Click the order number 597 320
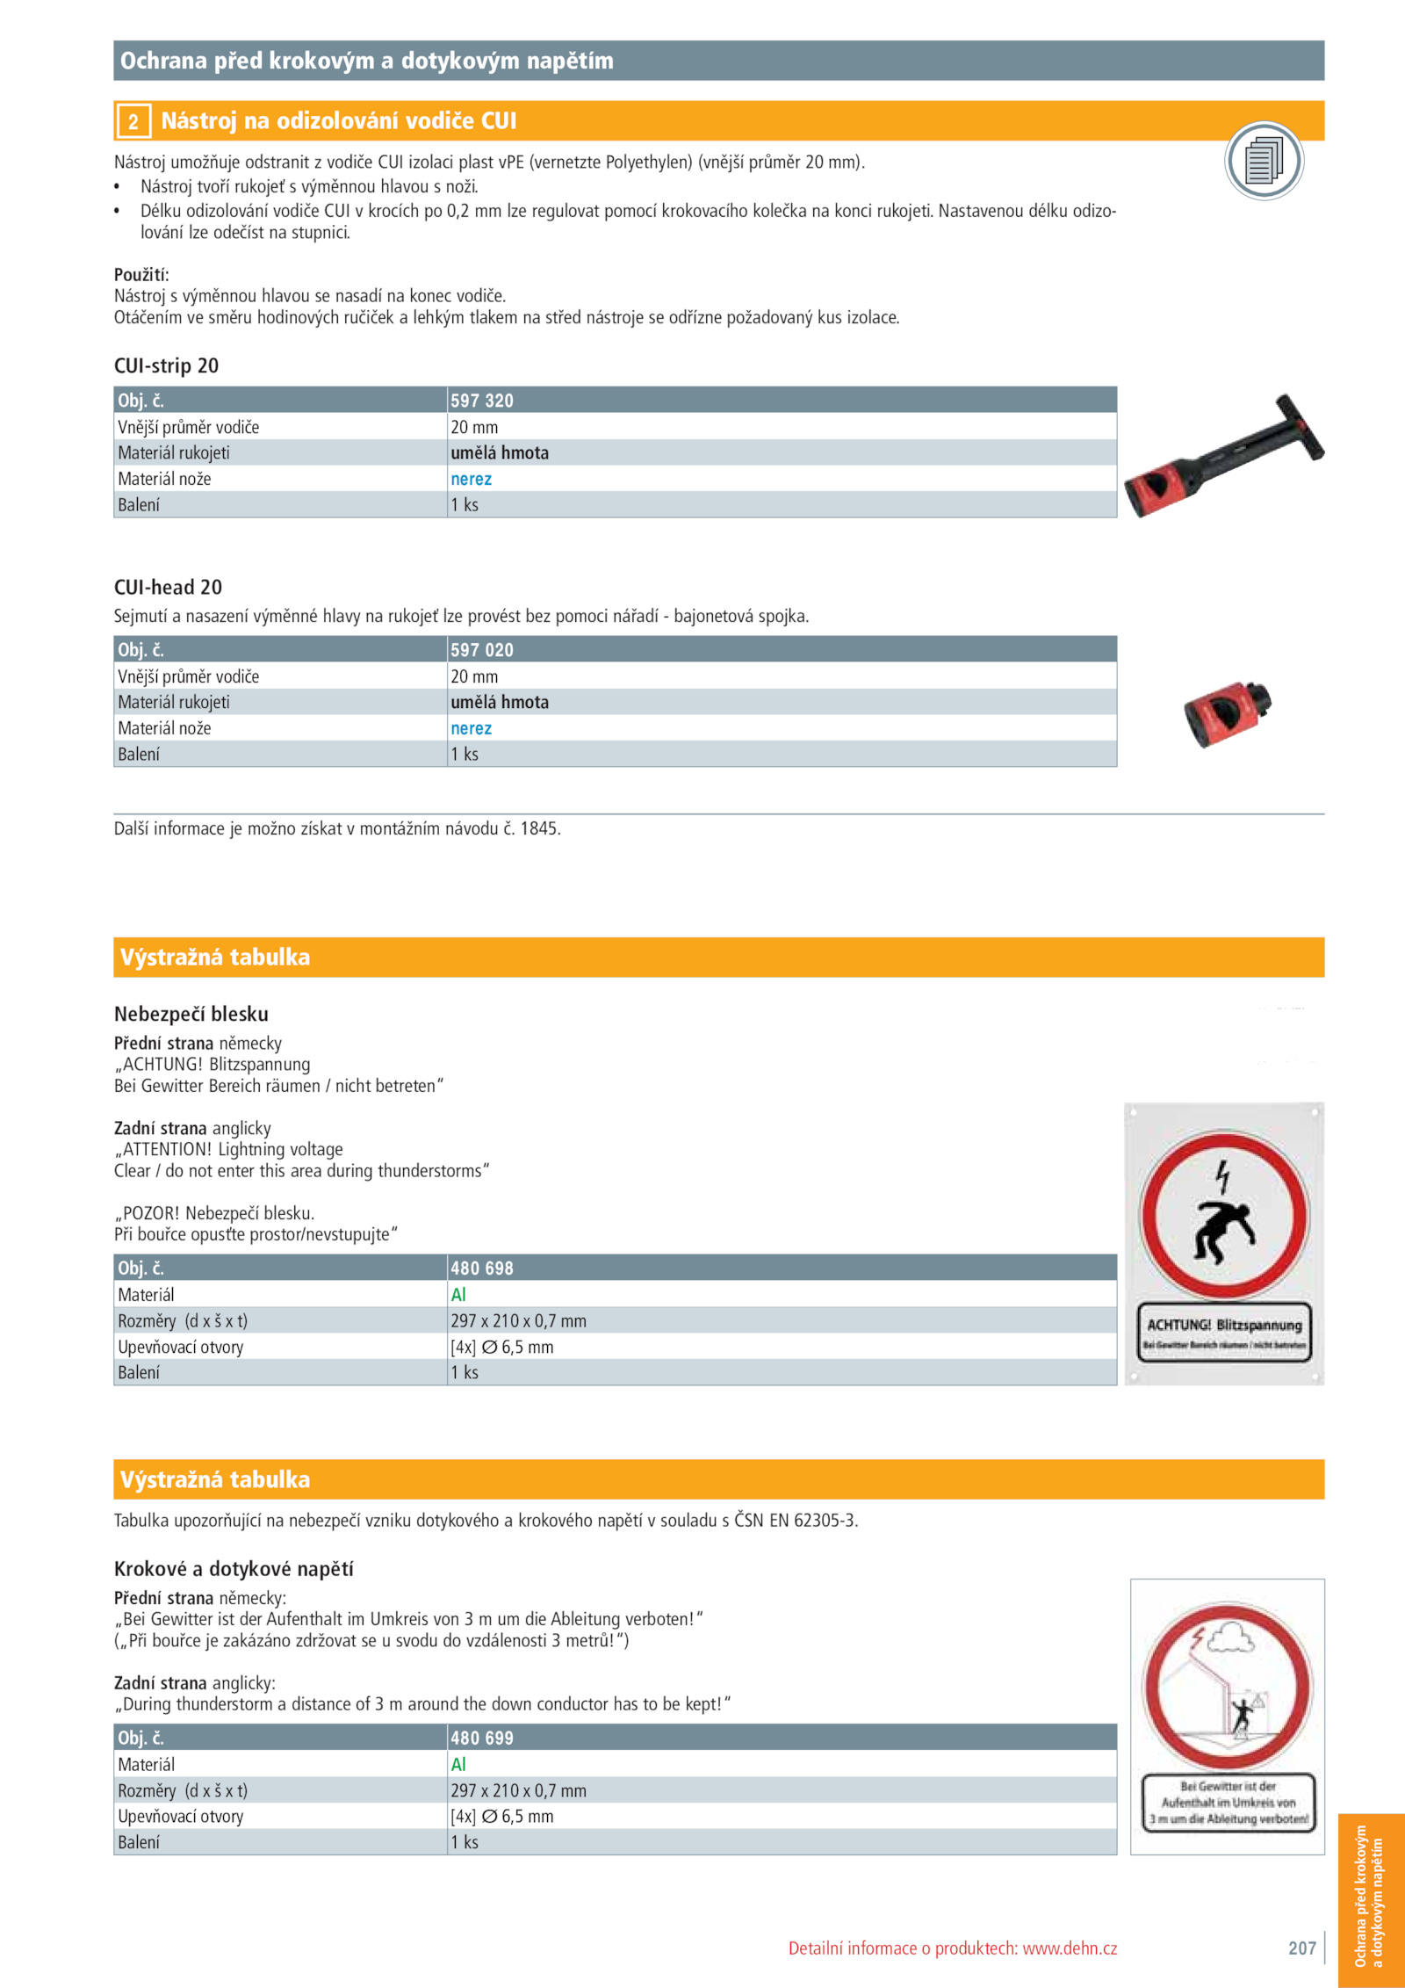click(x=482, y=401)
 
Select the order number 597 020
click(x=482, y=650)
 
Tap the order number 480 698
click(x=482, y=1269)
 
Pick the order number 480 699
click(x=482, y=1738)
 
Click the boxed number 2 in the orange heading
click(x=133, y=121)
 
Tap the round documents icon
click(x=1264, y=161)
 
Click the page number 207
click(x=1301, y=1948)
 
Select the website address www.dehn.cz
click(x=1070, y=1948)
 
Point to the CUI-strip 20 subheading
click(x=166, y=365)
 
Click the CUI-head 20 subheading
click(x=168, y=587)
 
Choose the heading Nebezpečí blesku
click(x=191, y=1014)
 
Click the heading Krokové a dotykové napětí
click(x=234, y=1568)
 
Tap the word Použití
click(x=140, y=274)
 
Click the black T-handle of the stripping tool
click(x=1300, y=425)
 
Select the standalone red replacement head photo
click(x=1227, y=712)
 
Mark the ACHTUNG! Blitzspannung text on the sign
click(x=1224, y=1325)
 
